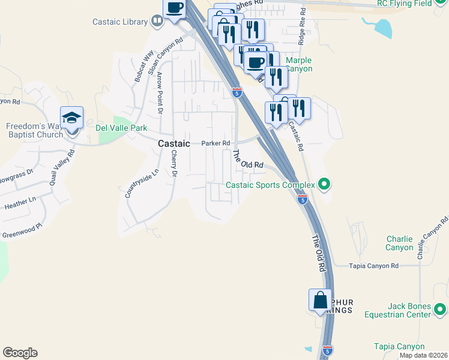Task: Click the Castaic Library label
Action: click(x=120, y=22)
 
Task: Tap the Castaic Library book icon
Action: click(x=157, y=22)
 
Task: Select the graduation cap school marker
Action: click(x=71, y=118)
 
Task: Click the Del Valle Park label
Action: click(x=121, y=128)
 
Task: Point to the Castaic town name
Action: click(x=174, y=144)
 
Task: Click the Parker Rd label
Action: click(x=215, y=143)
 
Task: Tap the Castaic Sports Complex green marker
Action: click(x=325, y=184)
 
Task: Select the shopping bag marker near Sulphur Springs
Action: click(x=320, y=300)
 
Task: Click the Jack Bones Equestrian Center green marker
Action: click(x=441, y=310)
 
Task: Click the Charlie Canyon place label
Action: click(x=399, y=243)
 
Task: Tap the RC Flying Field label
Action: click(x=405, y=4)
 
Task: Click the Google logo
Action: click(x=20, y=353)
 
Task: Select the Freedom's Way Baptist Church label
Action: click(x=34, y=130)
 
